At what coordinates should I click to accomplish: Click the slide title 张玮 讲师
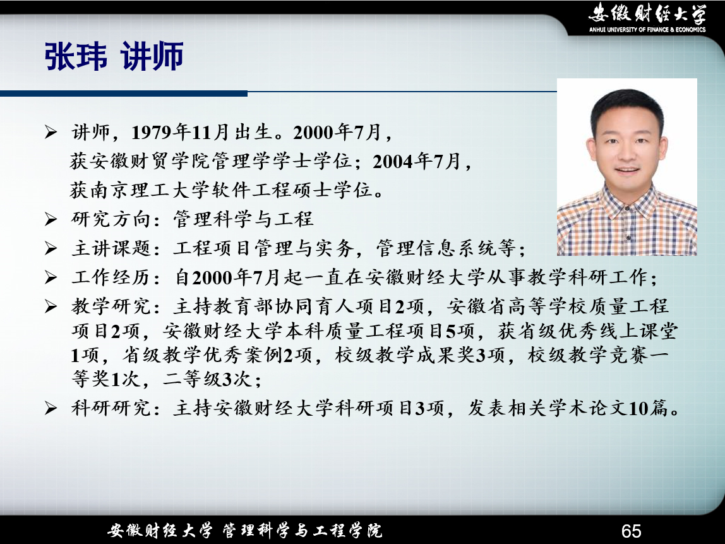[x=114, y=56]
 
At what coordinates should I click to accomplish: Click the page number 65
[x=631, y=531]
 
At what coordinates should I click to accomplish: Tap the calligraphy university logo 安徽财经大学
[x=647, y=13]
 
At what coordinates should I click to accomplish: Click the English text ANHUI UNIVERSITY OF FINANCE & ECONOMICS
[x=647, y=30]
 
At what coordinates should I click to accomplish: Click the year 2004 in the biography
[x=393, y=162]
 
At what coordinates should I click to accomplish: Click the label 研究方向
[x=111, y=219]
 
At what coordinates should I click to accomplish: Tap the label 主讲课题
[x=111, y=248]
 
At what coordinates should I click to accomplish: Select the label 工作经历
[x=111, y=277]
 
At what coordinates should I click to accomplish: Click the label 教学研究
[x=111, y=306]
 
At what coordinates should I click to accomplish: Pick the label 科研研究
[x=111, y=408]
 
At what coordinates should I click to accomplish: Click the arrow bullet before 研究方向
[x=51, y=219]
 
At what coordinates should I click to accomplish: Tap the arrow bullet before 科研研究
[x=51, y=408]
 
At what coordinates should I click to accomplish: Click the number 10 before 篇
[x=638, y=408]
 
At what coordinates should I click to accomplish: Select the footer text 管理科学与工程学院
[x=303, y=531]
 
